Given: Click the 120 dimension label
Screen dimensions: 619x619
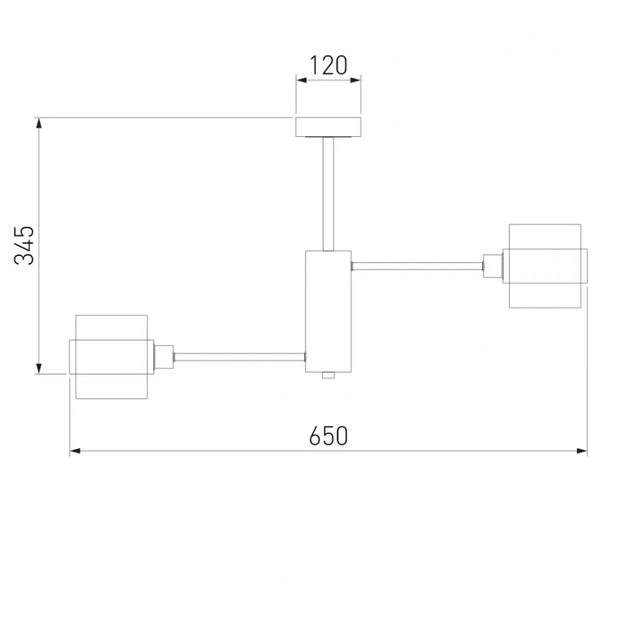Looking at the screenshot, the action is click(328, 65).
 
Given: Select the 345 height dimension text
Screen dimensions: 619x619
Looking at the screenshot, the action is click(24, 245).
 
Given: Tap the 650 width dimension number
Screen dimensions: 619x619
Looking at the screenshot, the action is click(328, 436).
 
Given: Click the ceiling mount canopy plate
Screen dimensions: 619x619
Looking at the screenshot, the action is click(328, 127).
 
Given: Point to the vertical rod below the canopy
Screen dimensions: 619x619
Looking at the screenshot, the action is click(328, 194).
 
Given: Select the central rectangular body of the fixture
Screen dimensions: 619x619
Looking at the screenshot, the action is click(328, 312).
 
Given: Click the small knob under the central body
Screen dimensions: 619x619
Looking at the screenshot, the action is click(328, 375).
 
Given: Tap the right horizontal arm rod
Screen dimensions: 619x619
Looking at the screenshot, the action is click(417, 266).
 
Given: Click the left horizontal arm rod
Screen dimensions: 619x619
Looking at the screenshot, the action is click(239, 357).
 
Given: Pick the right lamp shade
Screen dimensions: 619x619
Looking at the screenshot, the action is click(545, 266).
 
